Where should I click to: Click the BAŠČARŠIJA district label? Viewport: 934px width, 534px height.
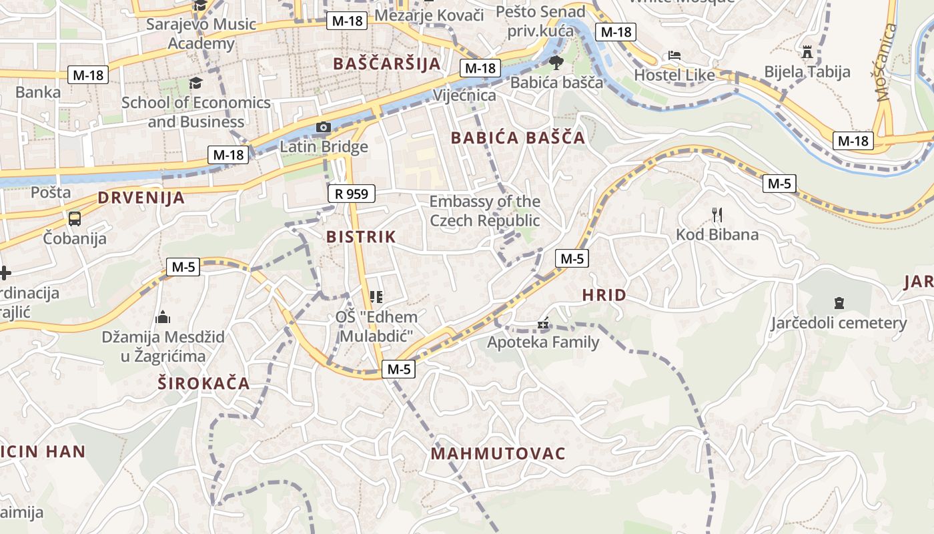pos(386,64)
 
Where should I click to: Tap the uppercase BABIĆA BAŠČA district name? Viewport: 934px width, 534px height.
pos(518,138)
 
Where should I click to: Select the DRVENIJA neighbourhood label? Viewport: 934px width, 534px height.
pos(141,198)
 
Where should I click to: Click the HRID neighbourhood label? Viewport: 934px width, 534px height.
pos(604,295)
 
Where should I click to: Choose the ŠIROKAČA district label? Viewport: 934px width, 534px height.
pos(203,383)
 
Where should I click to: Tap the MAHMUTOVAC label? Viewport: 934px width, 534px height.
pos(498,454)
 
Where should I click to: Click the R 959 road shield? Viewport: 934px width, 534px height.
pos(352,194)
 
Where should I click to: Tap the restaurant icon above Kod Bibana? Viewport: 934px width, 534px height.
pos(717,215)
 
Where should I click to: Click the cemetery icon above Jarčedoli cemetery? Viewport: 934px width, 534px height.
pos(839,303)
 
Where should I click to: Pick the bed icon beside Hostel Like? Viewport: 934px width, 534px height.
pos(674,55)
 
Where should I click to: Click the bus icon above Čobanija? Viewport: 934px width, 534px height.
pos(75,218)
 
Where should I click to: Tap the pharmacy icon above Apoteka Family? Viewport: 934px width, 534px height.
pos(544,324)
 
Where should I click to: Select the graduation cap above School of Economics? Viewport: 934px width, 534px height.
pos(195,83)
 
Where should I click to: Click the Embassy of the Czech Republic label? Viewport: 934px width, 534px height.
pos(484,211)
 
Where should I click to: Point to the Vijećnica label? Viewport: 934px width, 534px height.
pos(465,95)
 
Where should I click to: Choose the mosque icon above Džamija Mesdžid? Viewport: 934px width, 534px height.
pos(162,318)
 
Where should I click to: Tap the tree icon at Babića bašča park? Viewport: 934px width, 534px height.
pos(556,63)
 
